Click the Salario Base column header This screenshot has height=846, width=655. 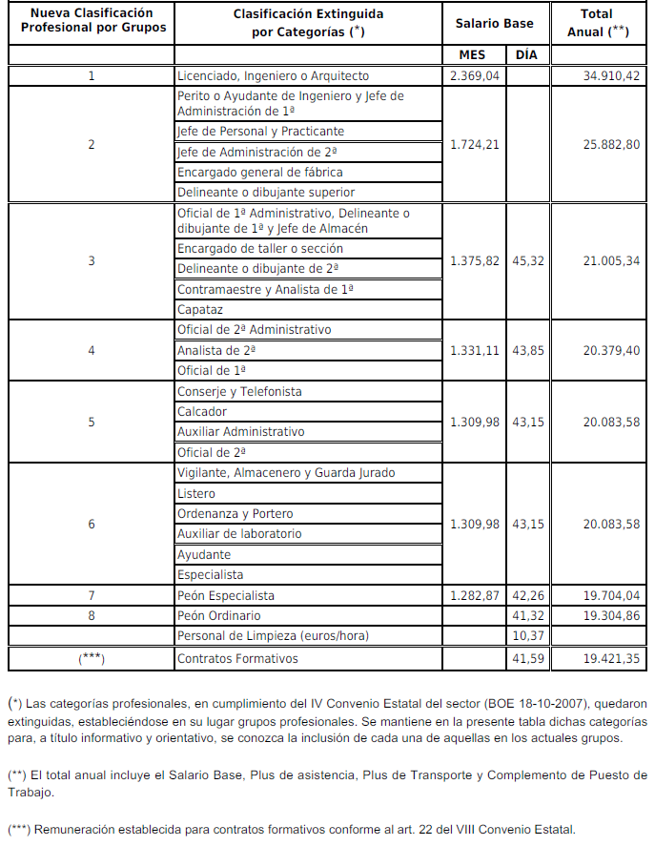coord(507,23)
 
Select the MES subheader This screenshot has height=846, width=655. coord(472,54)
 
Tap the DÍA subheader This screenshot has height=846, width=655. coord(526,54)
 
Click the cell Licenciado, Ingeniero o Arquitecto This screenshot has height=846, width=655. coord(273,75)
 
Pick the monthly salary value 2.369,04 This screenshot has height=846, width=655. coord(475,75)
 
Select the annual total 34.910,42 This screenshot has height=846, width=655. coord(611,75)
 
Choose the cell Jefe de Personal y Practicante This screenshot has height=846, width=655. coord(260,131)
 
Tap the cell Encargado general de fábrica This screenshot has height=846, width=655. coord(260,172)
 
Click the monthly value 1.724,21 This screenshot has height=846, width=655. coord(475,145)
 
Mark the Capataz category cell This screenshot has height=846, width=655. coord(199,310)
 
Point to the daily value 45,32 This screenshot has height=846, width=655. coord(527,260)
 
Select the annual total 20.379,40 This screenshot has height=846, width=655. coord(611,350)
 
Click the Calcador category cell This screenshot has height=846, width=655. coord(202,412)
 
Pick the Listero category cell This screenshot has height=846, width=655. coord(196,493)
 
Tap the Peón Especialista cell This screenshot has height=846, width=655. coord(226,595)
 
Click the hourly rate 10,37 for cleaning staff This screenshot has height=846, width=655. coord(527,636)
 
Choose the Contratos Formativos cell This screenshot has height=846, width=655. coord(237,658)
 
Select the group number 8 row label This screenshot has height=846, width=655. coord(92,616)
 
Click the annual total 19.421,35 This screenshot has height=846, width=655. coord(611,658)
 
